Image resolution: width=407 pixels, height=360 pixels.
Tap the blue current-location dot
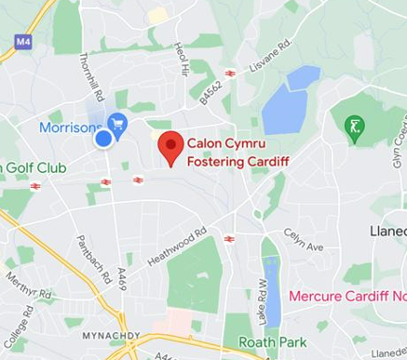point(103,138)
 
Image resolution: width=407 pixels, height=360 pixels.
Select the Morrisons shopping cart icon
point(116,122)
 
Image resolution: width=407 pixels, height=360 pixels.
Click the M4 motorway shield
point(23,41)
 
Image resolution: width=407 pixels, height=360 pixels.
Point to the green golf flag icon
point(355,128)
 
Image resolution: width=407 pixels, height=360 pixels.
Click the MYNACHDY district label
point(110,335)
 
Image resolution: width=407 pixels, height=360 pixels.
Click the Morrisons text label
point(70,127)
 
